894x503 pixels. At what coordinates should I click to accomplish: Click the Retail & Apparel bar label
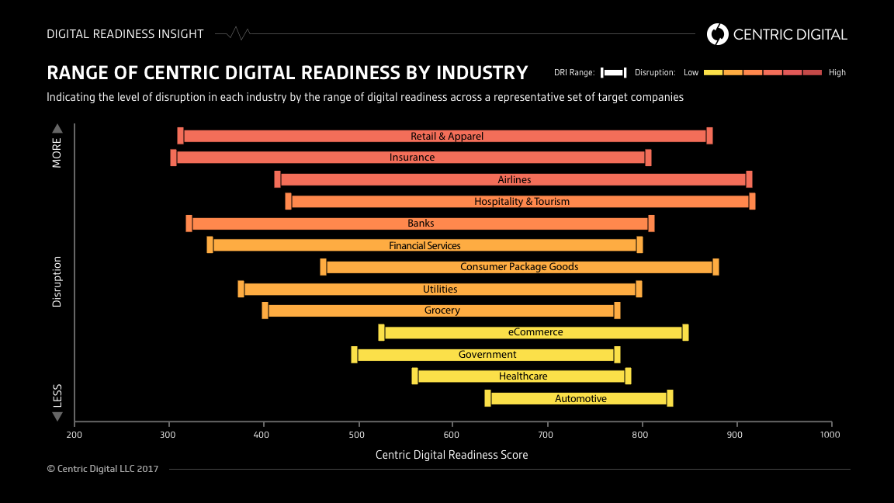[x=447, y=137]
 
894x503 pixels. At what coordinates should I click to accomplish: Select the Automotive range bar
[x=579, y=399]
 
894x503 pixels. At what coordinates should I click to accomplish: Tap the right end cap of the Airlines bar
[x=749, y=179]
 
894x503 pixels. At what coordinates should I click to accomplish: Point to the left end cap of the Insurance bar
[x=173, y=158]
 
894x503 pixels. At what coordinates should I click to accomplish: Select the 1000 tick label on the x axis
[x=830, y=435]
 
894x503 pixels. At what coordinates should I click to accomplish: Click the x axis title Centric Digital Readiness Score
[x=452, y=455]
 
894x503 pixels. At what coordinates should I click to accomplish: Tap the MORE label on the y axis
[x=57, y=152]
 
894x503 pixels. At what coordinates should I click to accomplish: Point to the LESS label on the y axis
[x=57, y=396]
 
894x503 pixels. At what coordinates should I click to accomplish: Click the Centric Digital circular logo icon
[x=718, y=34]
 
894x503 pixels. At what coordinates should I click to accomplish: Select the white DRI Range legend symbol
[x=613, y=73]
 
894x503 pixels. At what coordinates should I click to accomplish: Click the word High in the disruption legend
[x=837, y=73]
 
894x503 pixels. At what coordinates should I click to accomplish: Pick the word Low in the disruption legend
[x=691, y=73]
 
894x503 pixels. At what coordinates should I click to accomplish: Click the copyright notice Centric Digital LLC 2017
[x=102, y=469]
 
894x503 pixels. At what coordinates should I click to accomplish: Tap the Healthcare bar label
[x=523, y=376]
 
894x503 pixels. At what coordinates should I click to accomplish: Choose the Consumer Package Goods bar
[x=519, y=267]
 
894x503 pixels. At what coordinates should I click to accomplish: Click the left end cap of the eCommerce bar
[x=381, y=332]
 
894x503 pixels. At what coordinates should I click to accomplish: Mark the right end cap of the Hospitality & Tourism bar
[x=752, y=202]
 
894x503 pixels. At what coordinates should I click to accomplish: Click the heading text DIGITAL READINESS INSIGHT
[x=125, y=34]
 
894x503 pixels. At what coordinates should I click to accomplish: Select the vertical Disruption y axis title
[x=57, y=282]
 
